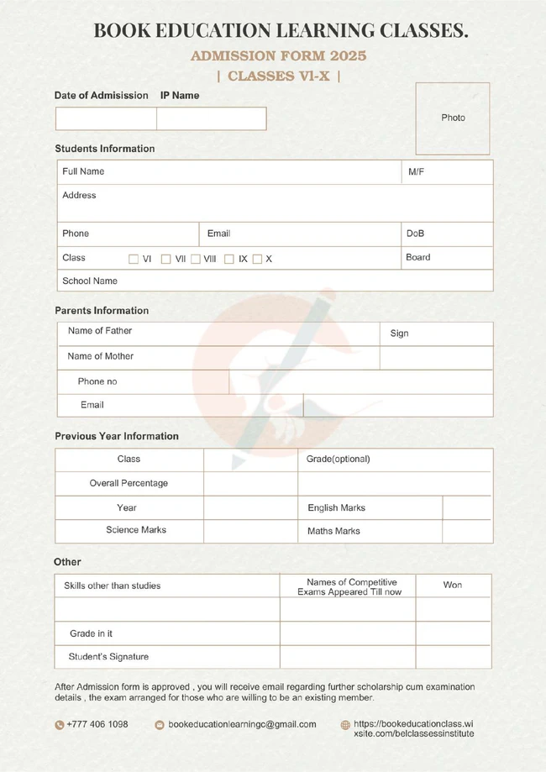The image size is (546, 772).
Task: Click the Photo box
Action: point(453,118)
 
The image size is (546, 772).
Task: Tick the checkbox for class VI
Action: point(134,260)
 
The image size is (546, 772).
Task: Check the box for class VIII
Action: point(196,260)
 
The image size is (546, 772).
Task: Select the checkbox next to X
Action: point(257,260)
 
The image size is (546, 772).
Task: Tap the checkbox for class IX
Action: point(228,260)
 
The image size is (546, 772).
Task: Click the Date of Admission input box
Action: point(106,118)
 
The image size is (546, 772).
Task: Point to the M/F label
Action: point(416,171)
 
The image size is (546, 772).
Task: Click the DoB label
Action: point(415,234)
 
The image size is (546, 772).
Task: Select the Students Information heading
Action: point(105,149)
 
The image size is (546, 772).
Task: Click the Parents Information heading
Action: point(102,311)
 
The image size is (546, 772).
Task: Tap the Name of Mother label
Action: point(101,356)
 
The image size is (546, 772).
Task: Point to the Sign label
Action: point(399,333)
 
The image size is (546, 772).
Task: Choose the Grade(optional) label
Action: point(338,460)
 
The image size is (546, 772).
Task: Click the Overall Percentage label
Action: point(129,483)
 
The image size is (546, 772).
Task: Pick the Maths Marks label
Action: point(333,531)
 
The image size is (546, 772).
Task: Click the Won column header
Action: point(453,585)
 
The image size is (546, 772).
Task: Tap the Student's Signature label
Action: point(108,656)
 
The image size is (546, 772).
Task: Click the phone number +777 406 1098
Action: point(97,724)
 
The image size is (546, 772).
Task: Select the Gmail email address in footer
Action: point(242,724)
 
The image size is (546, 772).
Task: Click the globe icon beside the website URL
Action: point(345,725)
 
